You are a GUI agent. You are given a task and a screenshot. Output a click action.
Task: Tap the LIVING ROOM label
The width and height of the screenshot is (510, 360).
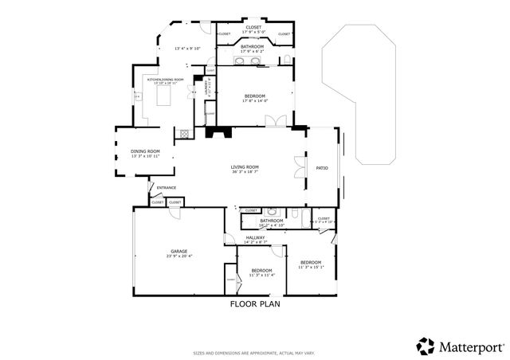click(245, 166)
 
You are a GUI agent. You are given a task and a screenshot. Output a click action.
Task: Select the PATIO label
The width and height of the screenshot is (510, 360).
click(322, 168)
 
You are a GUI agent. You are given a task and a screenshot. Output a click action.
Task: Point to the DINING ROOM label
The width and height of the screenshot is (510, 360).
click(145, 151)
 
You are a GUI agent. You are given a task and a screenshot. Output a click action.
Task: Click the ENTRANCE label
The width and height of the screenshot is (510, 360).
click(166, 188)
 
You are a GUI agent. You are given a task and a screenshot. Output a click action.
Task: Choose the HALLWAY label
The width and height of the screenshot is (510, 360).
click(255, 237)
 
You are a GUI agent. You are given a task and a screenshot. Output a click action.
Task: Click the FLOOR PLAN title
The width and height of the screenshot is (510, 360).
click(255, 303)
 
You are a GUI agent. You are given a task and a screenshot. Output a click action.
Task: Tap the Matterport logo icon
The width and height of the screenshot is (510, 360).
click(426, 346)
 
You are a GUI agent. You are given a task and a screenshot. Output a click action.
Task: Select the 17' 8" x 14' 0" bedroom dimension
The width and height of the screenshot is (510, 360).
click(256, 101)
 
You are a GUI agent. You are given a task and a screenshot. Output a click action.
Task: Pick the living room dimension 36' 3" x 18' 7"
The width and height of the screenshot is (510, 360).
click(245, 171)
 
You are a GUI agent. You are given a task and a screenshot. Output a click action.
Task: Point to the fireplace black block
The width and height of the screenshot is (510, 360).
click(218, 133)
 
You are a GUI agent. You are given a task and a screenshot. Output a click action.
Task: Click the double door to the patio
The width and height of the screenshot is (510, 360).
click(299, 167)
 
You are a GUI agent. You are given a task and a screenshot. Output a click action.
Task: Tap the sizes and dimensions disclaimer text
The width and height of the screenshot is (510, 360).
click(253, 352)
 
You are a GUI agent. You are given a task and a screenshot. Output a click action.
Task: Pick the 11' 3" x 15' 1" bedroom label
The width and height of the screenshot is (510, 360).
click(310, 268)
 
